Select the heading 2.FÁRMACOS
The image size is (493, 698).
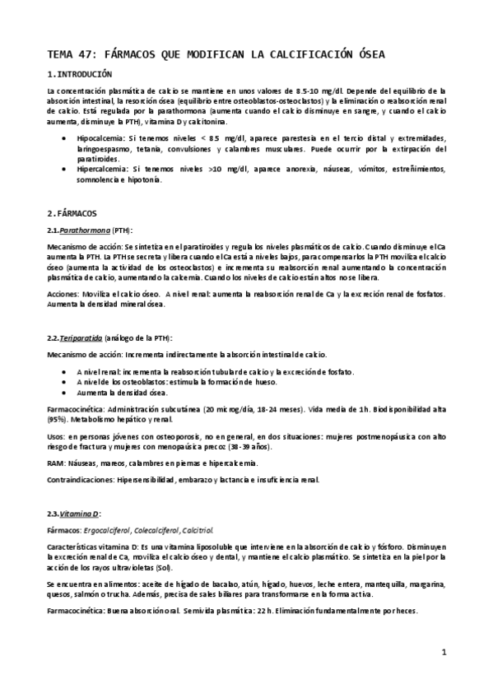click(72, 212)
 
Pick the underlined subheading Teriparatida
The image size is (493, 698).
click(86, 339)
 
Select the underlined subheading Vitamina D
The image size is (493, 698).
click(81, 513)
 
